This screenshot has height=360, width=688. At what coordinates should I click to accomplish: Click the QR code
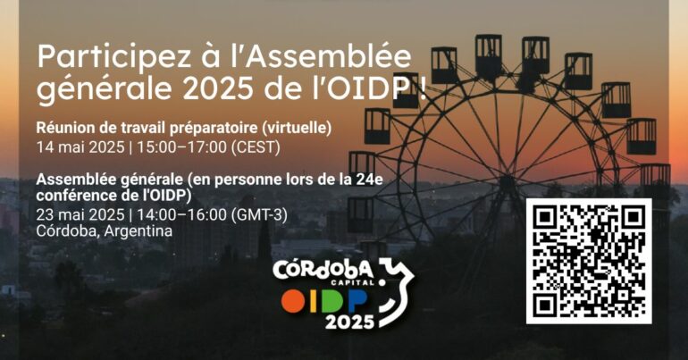(589, 261)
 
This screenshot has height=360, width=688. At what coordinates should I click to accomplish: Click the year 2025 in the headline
(217, 89)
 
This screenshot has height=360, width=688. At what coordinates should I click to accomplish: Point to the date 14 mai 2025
(80, 147)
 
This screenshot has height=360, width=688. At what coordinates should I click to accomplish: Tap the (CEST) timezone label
(256, 147)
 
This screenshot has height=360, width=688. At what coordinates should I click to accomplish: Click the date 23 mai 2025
(80, 215)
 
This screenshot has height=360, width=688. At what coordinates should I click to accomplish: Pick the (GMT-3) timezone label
(259, 215)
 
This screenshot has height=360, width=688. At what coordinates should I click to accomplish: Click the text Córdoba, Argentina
(104, 230)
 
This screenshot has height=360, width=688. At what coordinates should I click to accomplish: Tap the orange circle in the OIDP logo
(293, 302)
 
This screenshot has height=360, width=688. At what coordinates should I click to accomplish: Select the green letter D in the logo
(332, 301)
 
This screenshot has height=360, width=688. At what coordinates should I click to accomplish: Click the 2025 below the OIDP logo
(349, 322)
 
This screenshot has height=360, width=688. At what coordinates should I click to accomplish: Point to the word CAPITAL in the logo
(357, 283)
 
